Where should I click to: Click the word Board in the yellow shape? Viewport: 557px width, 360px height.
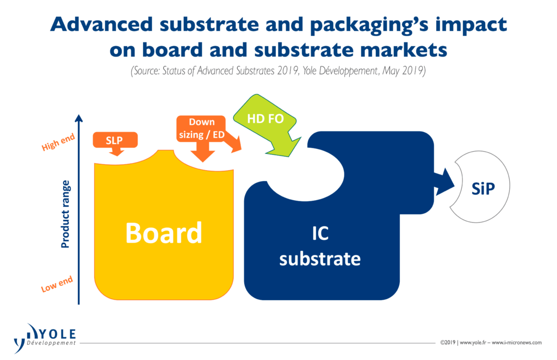click(164, 233)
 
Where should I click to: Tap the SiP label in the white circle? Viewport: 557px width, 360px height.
click(483, 189)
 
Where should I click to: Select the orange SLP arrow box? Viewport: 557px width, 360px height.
click(115, 142)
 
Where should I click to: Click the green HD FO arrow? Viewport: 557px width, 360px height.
click(267, 125)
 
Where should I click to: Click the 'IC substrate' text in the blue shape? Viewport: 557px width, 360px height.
click(320, 246)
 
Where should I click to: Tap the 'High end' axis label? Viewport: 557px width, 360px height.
click(58, 142)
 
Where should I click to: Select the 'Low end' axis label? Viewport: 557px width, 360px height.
click(57, 284)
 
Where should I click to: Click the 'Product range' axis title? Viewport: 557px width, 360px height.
click(65, 214)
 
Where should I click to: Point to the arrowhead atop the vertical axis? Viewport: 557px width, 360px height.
click(79, 118)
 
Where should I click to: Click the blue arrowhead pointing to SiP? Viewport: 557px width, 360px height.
click(445, 182)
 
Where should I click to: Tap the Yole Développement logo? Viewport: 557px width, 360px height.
click(45, 338)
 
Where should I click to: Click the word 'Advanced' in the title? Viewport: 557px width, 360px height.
click(102, 24)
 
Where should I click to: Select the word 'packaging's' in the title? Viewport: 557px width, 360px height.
click(369, 26)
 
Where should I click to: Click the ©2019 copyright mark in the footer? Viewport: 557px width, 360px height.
click(448, 343)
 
